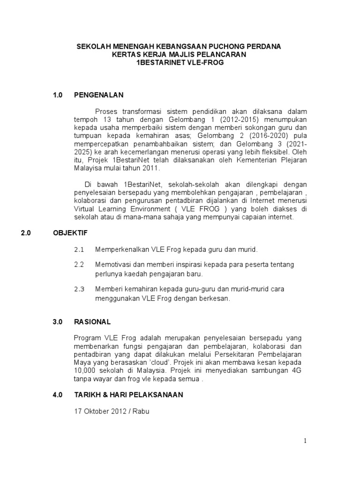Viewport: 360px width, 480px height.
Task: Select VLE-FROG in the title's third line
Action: coord(200,63)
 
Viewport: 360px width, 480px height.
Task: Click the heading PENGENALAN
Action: coord(98,95)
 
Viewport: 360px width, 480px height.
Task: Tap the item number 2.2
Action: coord(79,265)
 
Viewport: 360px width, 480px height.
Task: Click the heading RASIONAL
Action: coord(92,322)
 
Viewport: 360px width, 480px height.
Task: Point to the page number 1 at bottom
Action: coord(305,441)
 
